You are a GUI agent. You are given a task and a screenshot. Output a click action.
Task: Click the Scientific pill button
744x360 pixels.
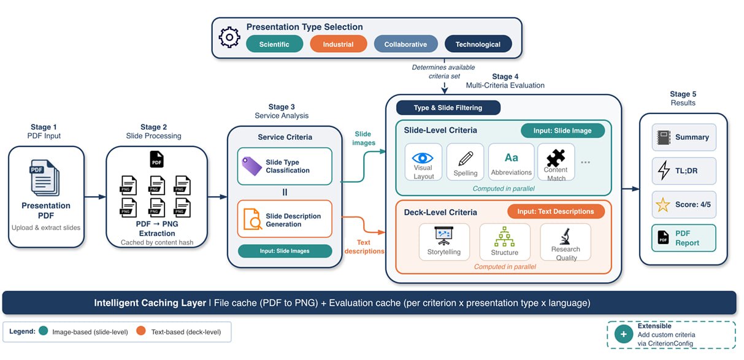tap(274, 44)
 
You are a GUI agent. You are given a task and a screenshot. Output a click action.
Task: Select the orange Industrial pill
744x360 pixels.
tap(338, 44)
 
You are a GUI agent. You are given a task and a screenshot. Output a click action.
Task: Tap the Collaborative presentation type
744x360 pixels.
tap(405, 44)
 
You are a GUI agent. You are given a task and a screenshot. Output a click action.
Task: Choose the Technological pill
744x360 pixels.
tap(478, 44)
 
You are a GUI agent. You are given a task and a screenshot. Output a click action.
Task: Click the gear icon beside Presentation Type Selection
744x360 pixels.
tap(229, 37)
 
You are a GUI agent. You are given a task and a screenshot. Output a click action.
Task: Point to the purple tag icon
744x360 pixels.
tap(251, 166)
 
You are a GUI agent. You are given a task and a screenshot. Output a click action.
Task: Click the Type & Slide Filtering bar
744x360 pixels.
tap(448, 107)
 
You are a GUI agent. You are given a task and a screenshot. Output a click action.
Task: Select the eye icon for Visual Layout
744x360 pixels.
tap(423, 158)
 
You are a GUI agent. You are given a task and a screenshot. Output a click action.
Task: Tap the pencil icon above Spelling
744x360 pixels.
tap(466, 159)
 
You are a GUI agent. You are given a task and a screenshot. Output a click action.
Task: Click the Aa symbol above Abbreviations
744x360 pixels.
tap(511, 158)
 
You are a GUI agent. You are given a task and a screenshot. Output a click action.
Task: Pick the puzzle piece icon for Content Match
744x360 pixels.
tap(556, 158)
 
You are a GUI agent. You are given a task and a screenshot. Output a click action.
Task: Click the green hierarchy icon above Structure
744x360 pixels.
tap(504, 237)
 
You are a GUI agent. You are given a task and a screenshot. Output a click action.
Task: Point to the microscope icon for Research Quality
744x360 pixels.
tap(566, 236)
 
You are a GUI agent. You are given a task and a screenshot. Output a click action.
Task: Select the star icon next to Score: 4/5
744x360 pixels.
tap(662, 205)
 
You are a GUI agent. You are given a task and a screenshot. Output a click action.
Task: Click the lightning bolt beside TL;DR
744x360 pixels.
tap(664, 170)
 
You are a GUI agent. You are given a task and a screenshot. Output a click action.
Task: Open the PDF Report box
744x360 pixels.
tap(683, 238)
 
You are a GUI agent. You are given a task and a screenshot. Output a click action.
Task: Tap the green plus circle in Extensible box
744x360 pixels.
tap(623, 334)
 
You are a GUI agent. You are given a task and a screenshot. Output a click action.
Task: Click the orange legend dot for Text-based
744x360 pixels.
tap(141, 331)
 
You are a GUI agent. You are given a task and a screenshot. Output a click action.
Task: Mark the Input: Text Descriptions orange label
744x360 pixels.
tap(556, 212)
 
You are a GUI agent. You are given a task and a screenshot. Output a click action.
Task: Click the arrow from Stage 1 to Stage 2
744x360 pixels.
tap(95, 197)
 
